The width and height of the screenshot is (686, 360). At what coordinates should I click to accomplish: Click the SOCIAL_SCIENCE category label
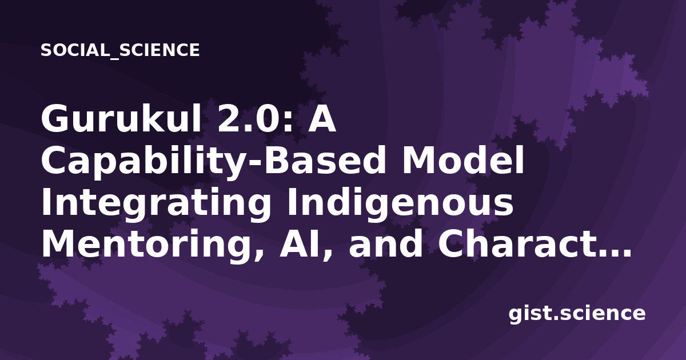coord(120,50)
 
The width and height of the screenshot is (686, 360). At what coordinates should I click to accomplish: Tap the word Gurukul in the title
coord(121,118)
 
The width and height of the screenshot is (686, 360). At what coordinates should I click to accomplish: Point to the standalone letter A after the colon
coord(321,119)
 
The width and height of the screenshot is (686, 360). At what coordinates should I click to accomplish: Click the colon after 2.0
coord(288,122)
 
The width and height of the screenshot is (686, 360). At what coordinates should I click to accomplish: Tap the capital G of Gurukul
coord(54,118)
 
